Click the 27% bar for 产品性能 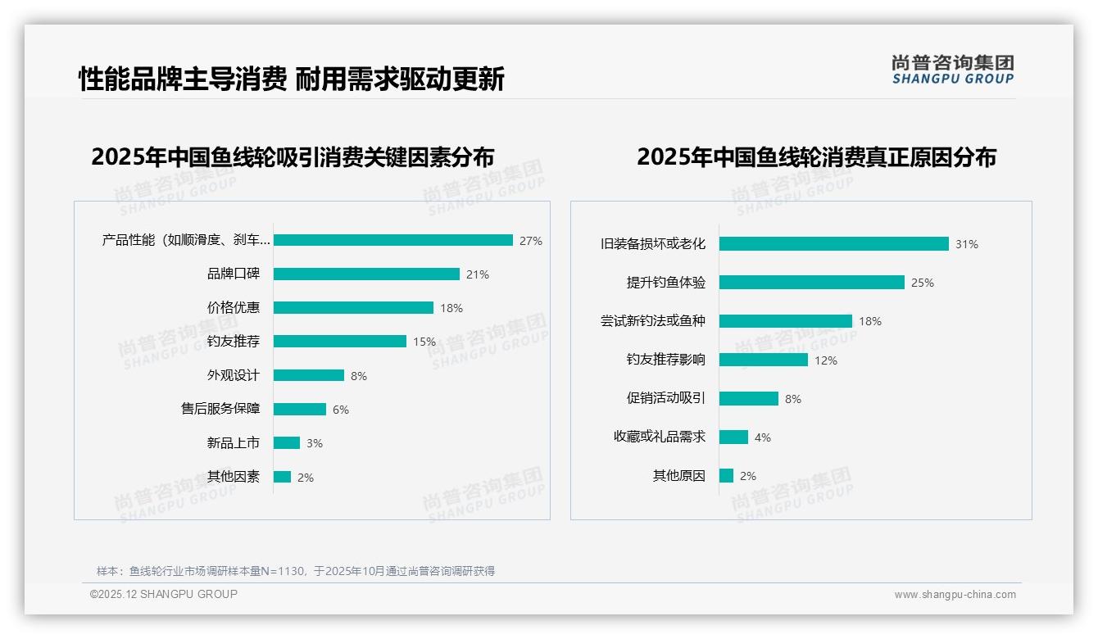point(393,240)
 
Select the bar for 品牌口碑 point(366,274)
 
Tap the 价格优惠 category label point(234,308)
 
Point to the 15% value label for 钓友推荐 point(424,342)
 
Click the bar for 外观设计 point(309,375)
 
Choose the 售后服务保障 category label point(220,409)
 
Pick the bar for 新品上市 point(287,443)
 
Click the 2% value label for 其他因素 point(306,478)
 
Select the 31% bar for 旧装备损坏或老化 point(834,243)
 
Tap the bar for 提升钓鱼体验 point(812,282)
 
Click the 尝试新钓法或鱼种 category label point(653,321)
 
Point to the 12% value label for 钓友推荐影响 point(826,360)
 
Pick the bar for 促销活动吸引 point(749,398)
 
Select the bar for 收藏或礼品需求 point(734,437)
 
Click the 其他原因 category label point(679,476)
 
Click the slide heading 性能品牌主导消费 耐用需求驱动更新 point(291,79)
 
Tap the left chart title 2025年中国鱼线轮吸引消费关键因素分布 point(293,156)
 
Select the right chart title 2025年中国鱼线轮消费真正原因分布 point(816,156)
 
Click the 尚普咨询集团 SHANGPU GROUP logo point(953,70)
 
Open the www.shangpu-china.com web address point(955,595)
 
